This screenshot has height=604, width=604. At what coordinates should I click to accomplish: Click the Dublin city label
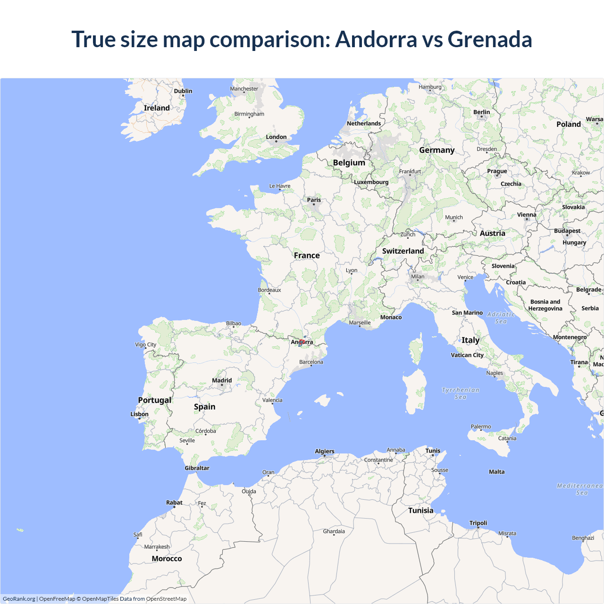tap(183, 91)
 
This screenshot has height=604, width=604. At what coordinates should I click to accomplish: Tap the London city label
tap(276, 137)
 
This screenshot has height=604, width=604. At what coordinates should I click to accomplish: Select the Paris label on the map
tap(314, 200)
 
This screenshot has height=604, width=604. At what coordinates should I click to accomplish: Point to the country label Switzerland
tap(403, 251)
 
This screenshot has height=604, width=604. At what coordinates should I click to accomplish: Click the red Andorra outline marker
tap(302, 342)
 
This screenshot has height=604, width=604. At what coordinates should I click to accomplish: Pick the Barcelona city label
tap(311, 362)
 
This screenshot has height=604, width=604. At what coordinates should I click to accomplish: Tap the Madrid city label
tap(222, 380)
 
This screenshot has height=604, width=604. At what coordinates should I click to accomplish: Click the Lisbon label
tap(140, 414)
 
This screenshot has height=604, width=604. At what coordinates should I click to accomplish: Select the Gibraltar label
tap(197, 468)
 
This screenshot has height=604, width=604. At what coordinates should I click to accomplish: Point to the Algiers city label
tap(325, 452)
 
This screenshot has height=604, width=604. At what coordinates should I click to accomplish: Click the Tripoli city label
tap(478, 523)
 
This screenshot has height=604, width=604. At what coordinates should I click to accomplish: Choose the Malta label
tap(496, 472)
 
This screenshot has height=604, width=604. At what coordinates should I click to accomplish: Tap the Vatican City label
tap(467, 355)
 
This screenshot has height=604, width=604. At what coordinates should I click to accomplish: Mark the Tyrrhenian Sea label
tap(461, 394)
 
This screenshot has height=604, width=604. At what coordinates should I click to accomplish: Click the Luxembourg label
tap(371, 182)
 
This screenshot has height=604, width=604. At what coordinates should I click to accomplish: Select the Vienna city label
tap(527, 215)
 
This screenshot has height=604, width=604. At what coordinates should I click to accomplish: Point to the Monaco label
tap(391, 317)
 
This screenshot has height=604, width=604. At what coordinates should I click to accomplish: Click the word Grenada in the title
tap(490, 39)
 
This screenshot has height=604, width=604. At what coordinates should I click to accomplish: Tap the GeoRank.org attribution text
tap(19, 599)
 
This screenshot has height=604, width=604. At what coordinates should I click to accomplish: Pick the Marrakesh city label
tap(157, 547)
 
